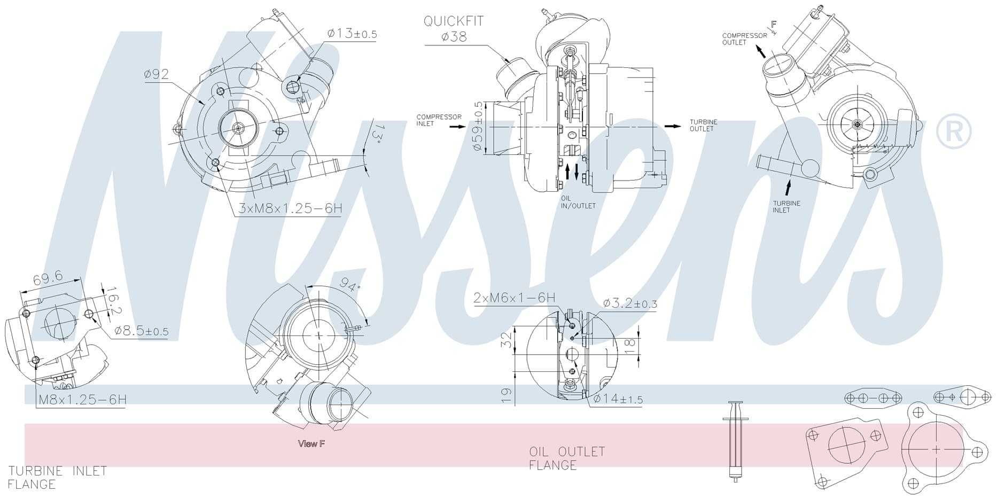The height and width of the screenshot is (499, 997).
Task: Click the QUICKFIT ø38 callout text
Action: (x=454, y=28)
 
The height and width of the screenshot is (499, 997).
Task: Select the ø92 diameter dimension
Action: (x=157, y=74)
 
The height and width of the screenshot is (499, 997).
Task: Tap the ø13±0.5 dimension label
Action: (x=352, y=34)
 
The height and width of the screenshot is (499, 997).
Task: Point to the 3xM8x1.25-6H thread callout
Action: (x=290, y=208)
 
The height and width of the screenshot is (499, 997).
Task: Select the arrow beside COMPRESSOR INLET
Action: (x=458, y=127)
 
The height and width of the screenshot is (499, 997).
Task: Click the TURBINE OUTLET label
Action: (x=703, y=125)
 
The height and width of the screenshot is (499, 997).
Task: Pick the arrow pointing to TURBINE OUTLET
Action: (x=673, y=126)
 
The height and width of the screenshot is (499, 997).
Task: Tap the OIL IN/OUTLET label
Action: (x=578, y=202)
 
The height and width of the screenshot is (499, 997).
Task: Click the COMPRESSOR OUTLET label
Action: (x=744, y=39)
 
